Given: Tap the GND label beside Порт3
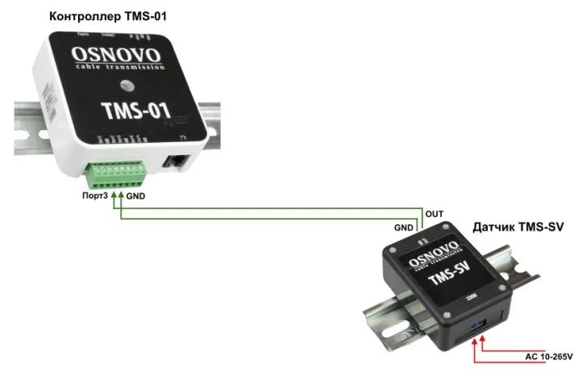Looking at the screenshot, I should [137, 197].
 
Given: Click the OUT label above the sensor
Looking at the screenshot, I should [434, 214].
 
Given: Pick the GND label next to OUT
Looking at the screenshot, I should [404, 229].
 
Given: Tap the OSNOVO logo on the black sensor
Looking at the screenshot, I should [435, 257].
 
